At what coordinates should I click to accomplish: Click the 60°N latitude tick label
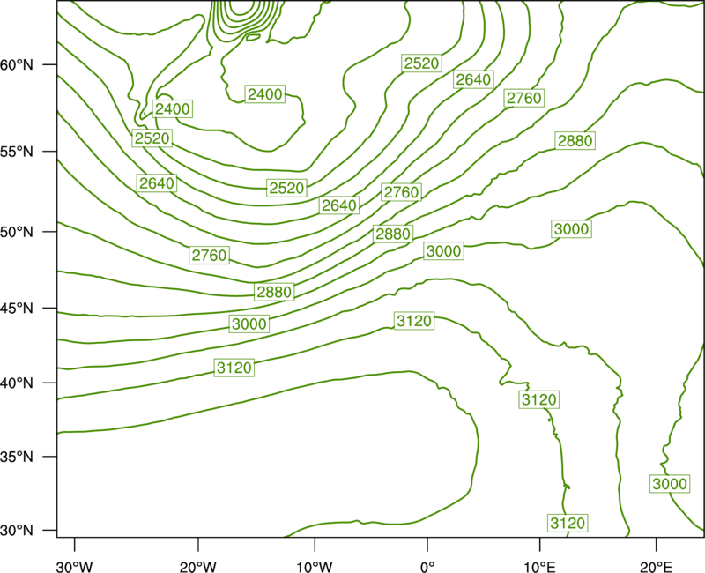(x=17, y=64)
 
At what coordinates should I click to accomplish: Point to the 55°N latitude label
(x=17, y=151)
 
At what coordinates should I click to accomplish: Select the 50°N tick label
(x=17, y=232)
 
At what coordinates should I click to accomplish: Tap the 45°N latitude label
(x=17, y=308)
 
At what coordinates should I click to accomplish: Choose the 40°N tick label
(x=17, y=383)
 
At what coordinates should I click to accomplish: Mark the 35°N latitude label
(x=17, y=457)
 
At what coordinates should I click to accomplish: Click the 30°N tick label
(x=17, y=531)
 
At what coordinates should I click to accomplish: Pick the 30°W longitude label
(x=75, y=567)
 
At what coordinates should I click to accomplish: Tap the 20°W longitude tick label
(x=198, y=567)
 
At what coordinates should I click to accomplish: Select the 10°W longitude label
(x=315, y=567)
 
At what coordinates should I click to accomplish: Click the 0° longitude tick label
(x=427, y=567)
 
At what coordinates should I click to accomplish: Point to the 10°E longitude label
(x=539, y=567)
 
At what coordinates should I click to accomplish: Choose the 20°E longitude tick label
(x=656, y=567)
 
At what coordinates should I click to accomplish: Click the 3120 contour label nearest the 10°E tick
(x=568, y=523)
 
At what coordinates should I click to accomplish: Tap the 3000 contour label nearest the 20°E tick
(x=670, y=484)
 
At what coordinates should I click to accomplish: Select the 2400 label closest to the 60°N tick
(x=173, y=108)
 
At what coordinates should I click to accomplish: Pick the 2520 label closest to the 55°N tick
(x=152, y=138)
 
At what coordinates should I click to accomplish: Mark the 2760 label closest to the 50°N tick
(x=209, y=256)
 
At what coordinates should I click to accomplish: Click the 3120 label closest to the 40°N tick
(x=234, y=368)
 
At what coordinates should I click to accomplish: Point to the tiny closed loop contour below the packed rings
(x=253, y=37)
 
